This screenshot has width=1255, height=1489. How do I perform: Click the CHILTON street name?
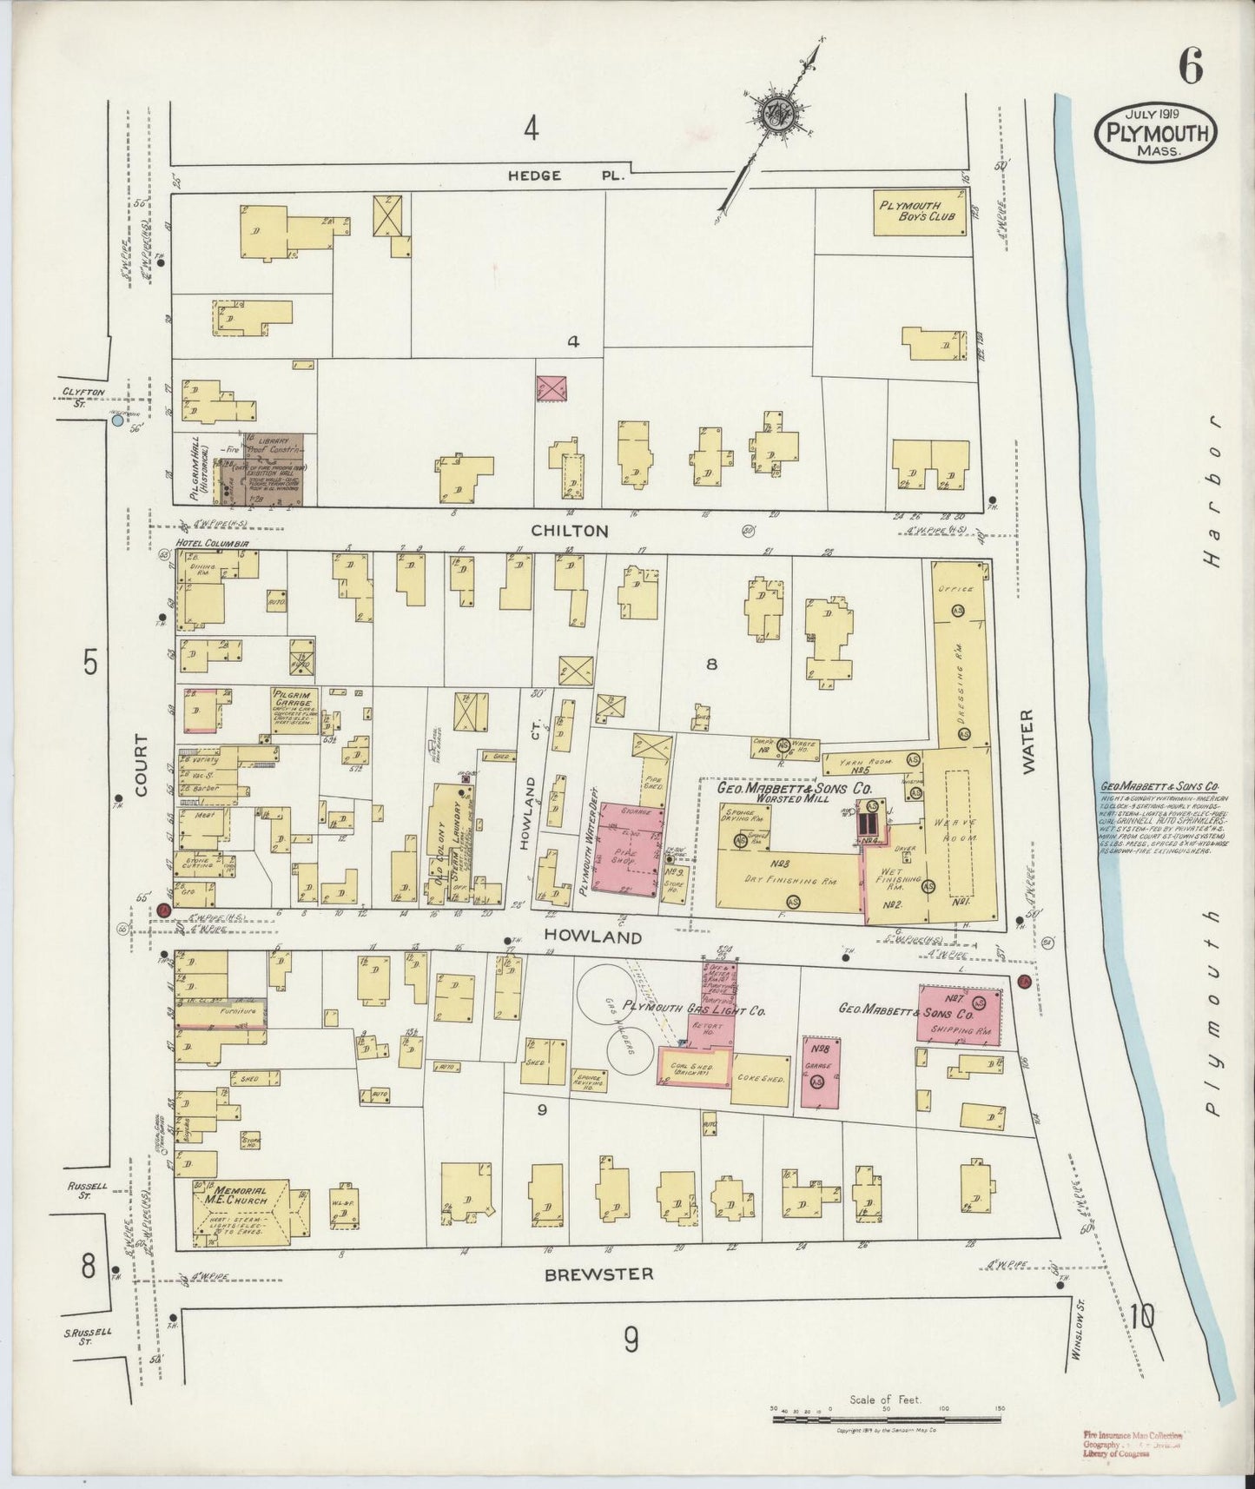570,531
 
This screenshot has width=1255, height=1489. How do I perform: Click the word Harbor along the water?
1216,491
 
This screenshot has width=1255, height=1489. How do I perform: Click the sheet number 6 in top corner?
1190,68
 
